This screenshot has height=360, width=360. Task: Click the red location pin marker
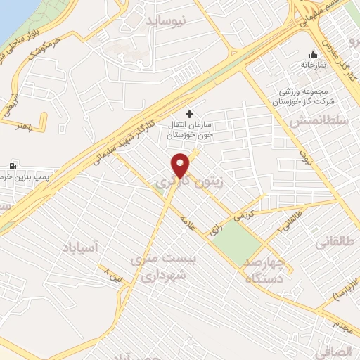click(x=181, y=165)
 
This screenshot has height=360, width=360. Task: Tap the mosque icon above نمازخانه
click(x=314, y=53)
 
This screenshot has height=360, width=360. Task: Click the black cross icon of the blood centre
click(x=188, y=113)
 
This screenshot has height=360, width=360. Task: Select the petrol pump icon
click(x=12, y=166)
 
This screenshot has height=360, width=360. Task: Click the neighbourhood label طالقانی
click(x=337, y=243)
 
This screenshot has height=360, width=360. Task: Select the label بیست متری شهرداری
click(x=167, y=268)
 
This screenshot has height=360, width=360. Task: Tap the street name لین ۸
click(x=112, y=272)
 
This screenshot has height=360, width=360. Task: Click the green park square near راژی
click(x=236, y=243)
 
